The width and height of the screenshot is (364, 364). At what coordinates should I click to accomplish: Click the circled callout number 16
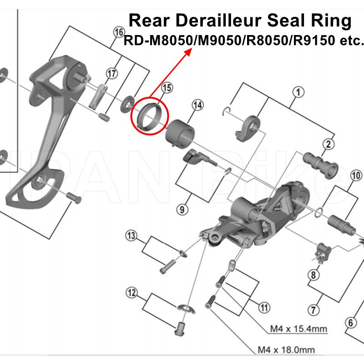pos(119,33)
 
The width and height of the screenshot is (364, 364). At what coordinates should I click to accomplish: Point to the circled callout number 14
pos(197,106)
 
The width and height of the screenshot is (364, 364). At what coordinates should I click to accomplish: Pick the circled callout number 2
pos(327,145)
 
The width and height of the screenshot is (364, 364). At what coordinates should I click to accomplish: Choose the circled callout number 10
pos(356,175)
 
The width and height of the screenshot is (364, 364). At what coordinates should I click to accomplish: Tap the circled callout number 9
pos(182,209)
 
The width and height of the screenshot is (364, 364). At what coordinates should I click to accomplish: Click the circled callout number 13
pos(131,236)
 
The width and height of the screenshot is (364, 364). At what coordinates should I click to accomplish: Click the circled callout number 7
pos(313,311)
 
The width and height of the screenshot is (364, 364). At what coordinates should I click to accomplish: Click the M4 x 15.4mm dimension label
pos(298,329)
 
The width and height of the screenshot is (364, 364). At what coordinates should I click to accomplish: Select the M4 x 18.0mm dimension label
pos(286,350)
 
